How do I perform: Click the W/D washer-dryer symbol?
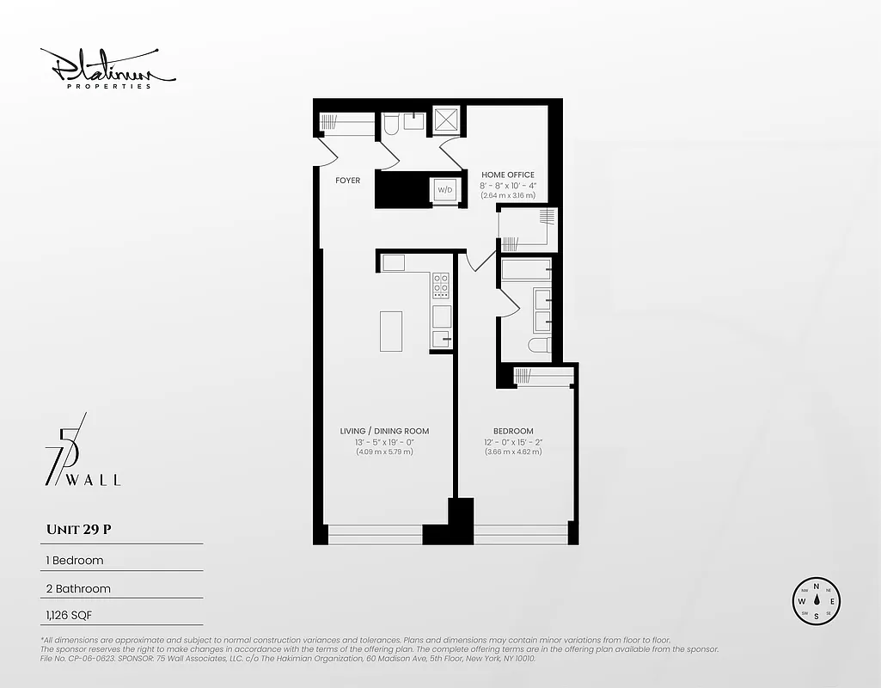pyautogui.click(x=445, y=189)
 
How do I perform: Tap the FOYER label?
pyautogui.click(x=347, y=181)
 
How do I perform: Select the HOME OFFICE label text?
pyautogui.click(x=507, y=175)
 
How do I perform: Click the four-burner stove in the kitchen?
pyautogui.click(x=441, y=285)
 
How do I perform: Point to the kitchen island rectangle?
pyautogui.click(x=391, y=330)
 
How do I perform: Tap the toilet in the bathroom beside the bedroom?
pyautogui.click(x=537, y=345)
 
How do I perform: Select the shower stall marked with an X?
pyautogui.click(x=447, y=120)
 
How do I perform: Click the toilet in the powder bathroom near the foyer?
pyautogui.click(x=390, y=126)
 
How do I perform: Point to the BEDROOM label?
pyautogui.click(x=513, y=431)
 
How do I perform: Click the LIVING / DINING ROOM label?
pyautogui.click(x=384, y=431)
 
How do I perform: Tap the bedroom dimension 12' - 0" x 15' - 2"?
pyautogui.click(x=513, y=442)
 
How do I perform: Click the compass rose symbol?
pyautogui.click(x=816, y=601)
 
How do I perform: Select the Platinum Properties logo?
pyautogui.click(x=107, y=69)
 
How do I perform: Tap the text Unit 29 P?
pyautogui.click(x=78, y=530)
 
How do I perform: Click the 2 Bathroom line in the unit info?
pyautogui.click(x=77, y=589)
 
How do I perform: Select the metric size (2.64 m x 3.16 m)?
pyautogui.click(x=507, y=195)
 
